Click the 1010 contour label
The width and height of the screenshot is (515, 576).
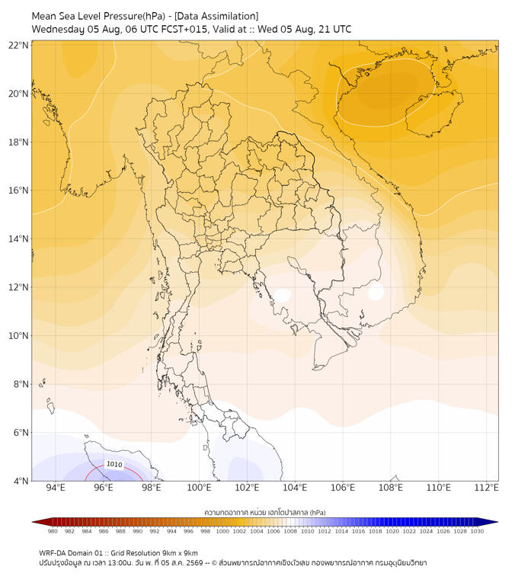coord(114,464)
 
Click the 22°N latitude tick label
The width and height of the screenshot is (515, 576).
coord(18,45)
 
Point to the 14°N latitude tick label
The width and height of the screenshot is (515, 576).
coord(18,238)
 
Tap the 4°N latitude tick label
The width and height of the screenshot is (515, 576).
coord(21,481)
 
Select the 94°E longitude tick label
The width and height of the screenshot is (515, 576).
coord(56,488)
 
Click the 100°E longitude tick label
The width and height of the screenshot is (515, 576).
coord(199,488)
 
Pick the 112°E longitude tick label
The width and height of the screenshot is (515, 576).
coord(486,488)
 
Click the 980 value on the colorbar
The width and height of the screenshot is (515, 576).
coord(53,531)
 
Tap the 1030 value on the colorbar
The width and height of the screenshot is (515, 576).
coord(477,531)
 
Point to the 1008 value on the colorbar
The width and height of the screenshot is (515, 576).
coord(290,531)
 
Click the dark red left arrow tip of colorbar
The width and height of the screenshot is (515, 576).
coord(33,522)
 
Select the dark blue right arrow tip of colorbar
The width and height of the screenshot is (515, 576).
coord(497,522)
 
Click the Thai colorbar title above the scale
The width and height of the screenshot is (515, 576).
coord(265,512)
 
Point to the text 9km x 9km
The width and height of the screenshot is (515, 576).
coord(181,553)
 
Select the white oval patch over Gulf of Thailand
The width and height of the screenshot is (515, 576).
coord(282,295)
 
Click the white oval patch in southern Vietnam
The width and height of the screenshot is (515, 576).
coord(376,292)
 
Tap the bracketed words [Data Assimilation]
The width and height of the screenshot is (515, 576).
coord(216,16)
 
